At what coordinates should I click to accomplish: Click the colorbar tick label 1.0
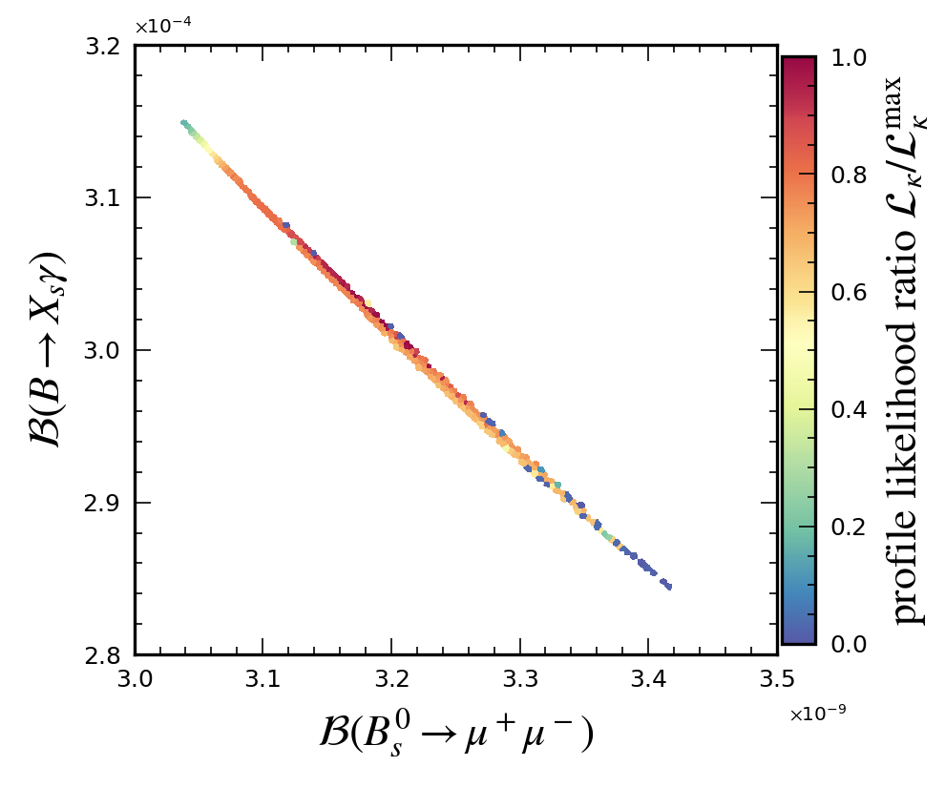(x=848, y=58)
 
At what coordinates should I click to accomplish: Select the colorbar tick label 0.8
(x=848, y=176)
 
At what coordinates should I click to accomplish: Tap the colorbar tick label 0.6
(x=848, y=293)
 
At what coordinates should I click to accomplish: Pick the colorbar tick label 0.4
(x=848, y=410)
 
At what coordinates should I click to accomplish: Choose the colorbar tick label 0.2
(x=848, y=528)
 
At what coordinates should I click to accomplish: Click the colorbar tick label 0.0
(x=848, y=645)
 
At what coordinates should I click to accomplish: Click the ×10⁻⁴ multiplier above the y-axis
(x=162, y=27)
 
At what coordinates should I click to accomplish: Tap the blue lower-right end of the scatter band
(x=668, y=586)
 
